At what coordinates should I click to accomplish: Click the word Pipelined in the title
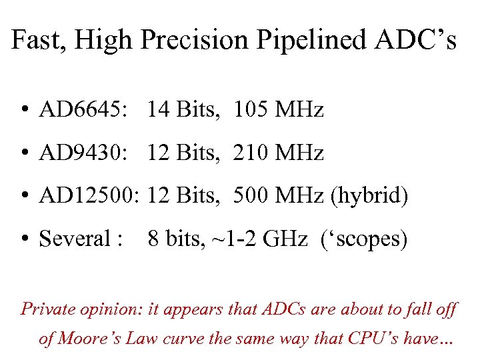pyautogui.click(x=305, y=41)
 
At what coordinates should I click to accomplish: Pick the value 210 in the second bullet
pyautogui.click(x=249, y=154)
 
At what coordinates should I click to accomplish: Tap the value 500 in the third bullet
pyautogui.click(x=249, y=197)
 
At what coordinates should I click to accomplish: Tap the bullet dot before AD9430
pyautogui.click(x=24, y=155)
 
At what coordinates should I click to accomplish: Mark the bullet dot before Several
pyautogui.click(x=24, y=239)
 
